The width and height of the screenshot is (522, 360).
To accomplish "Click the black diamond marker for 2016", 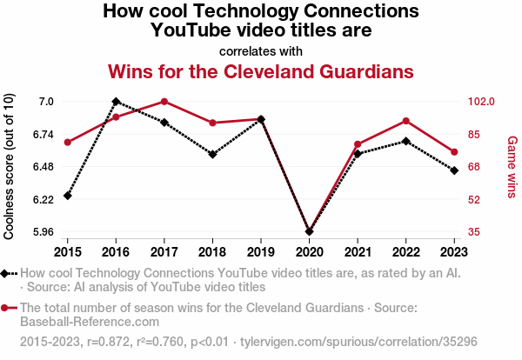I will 116,102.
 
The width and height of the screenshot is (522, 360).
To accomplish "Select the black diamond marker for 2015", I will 68,196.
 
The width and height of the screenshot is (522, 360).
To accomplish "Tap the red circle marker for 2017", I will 164,102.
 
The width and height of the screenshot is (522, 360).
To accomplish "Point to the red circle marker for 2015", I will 68,143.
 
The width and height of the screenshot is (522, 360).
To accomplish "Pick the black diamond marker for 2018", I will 212,155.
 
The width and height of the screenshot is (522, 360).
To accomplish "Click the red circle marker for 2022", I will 405,121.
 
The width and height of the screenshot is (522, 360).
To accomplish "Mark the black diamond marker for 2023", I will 454,170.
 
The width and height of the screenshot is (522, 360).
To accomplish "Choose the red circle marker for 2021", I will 358,144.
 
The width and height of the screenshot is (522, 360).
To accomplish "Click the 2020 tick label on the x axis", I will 309,251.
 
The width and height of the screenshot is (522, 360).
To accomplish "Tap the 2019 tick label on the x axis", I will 261,251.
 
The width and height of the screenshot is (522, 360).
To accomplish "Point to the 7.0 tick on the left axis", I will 46,102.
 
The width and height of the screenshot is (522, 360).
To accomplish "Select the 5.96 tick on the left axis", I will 42,232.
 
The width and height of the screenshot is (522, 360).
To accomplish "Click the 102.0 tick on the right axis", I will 479,102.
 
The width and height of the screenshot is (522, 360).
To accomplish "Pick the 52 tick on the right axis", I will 472,199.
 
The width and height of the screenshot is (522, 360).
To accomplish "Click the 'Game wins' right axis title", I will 512,165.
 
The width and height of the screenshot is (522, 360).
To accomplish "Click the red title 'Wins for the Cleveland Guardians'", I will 260,70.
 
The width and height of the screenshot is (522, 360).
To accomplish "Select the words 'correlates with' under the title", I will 260,50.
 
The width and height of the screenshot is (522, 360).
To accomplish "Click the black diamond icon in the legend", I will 6,274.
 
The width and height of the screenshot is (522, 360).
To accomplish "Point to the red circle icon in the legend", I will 6,308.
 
